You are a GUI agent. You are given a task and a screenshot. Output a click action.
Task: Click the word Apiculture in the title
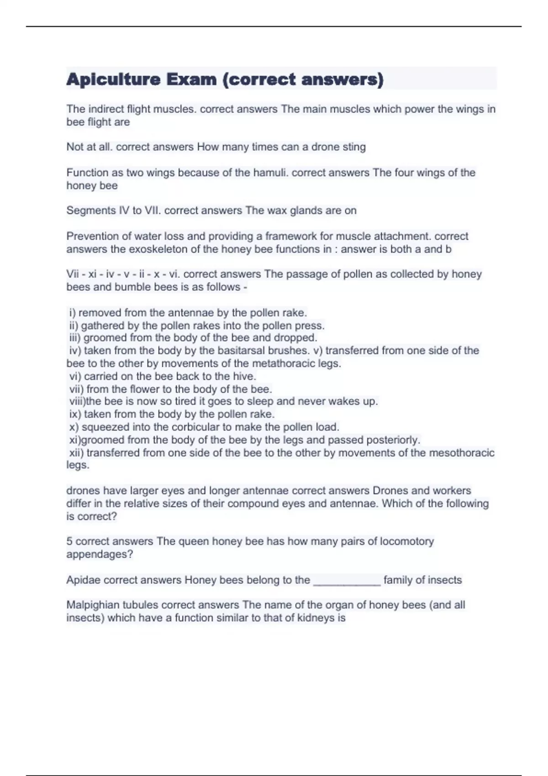[113, 80]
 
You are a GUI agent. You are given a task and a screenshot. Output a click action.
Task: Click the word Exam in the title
[191, 80]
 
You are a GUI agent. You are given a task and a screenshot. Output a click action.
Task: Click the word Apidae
[84, 580]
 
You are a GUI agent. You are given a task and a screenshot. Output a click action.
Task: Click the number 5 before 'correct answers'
[69, 541]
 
